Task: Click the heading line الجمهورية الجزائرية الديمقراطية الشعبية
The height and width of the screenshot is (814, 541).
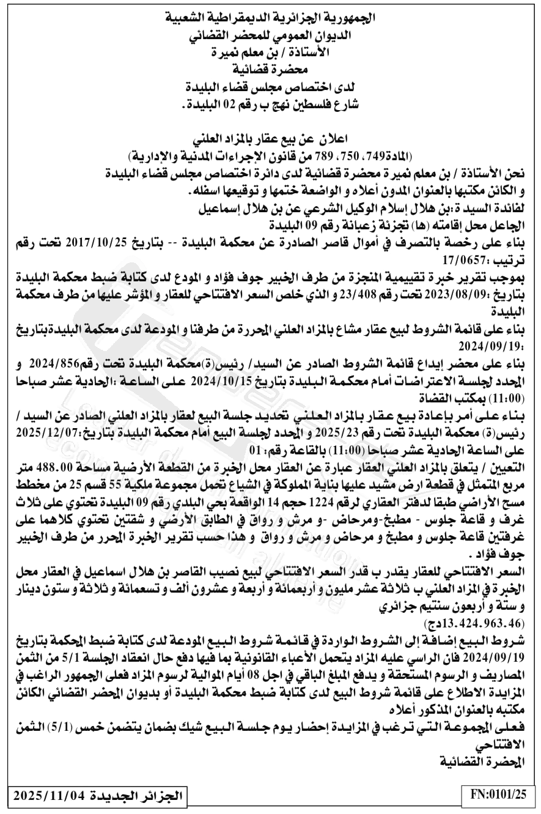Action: [270, 18]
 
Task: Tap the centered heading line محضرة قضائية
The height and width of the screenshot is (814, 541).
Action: [270, 70]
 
